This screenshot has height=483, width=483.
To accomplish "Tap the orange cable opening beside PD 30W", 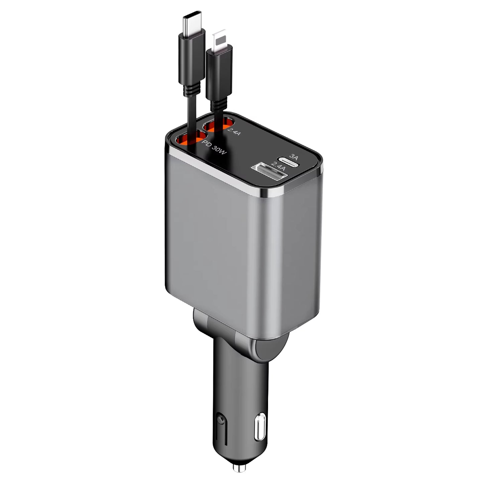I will click(x=189, y=140).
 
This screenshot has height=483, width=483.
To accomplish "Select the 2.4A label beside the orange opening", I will click(x=234, y=131).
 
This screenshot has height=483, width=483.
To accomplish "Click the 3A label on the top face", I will click(x=294, y=156).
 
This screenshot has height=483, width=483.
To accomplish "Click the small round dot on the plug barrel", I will click(x=220, y=418).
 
